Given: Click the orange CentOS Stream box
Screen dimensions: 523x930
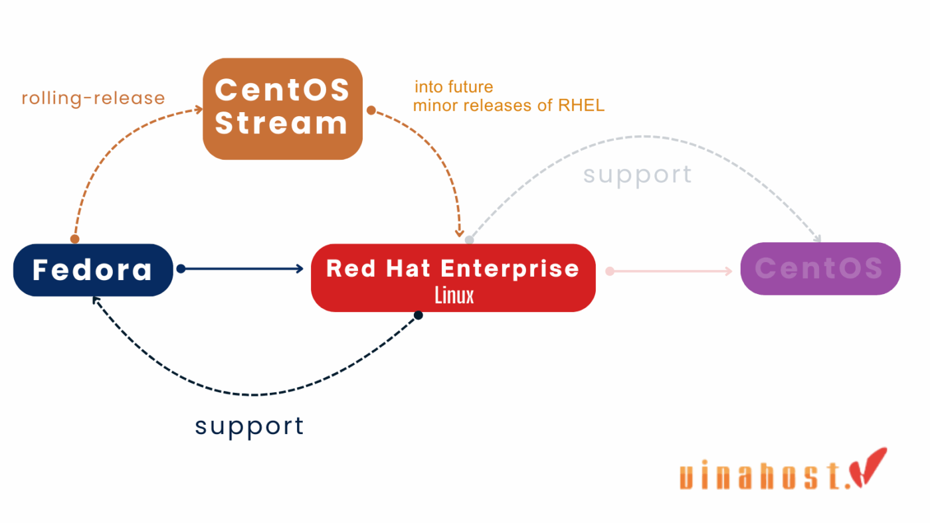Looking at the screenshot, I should [x=282, y=109].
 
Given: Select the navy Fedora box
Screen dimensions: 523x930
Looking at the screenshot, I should [x=93, y=269].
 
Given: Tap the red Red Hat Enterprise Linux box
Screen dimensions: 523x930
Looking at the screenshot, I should [x=453, y=277].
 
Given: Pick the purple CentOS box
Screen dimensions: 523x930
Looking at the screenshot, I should [x=820, y=269].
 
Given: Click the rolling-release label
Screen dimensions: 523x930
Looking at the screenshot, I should [x=93, y=98].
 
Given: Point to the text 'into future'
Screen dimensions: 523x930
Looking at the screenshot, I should [x=454, y=87].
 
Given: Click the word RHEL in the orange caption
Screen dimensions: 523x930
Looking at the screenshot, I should [x=583, y=106].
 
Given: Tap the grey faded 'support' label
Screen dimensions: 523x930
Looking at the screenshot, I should [x=637, y=175].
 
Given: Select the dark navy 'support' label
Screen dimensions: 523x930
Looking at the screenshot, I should [x=249, y=425].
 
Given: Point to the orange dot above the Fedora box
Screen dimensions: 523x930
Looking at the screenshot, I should [x=75, y=239].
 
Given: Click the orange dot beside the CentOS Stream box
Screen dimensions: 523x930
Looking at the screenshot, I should [x=371, y=110].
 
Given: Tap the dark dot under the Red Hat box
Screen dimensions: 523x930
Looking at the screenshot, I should [x=418, y=315].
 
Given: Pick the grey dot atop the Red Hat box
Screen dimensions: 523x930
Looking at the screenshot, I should [x=469, y=240].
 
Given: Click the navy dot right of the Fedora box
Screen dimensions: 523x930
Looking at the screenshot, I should [x=181, y=269].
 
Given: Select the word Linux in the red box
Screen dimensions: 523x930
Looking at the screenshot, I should [x=454, y=295].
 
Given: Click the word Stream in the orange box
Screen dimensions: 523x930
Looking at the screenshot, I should [x=282, y=123].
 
